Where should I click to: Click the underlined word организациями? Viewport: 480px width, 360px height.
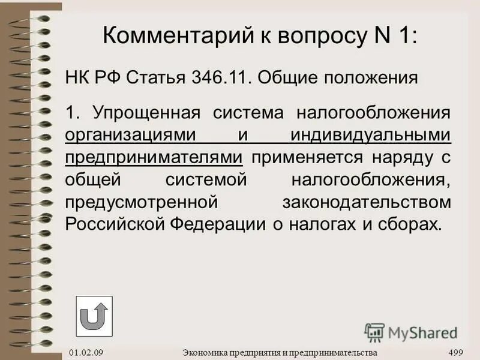(x=131, y=135)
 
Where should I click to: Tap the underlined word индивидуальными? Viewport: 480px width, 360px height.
(x=370, y=135)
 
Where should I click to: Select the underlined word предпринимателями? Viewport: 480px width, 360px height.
(x=154, y=157)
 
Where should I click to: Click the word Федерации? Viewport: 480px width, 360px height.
(x=209, y=224)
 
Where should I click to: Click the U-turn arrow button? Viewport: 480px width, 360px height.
(x=94, y=316)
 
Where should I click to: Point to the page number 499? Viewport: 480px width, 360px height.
(x=455, y=352)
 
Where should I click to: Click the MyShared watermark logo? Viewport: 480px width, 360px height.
(x=411, y=332)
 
